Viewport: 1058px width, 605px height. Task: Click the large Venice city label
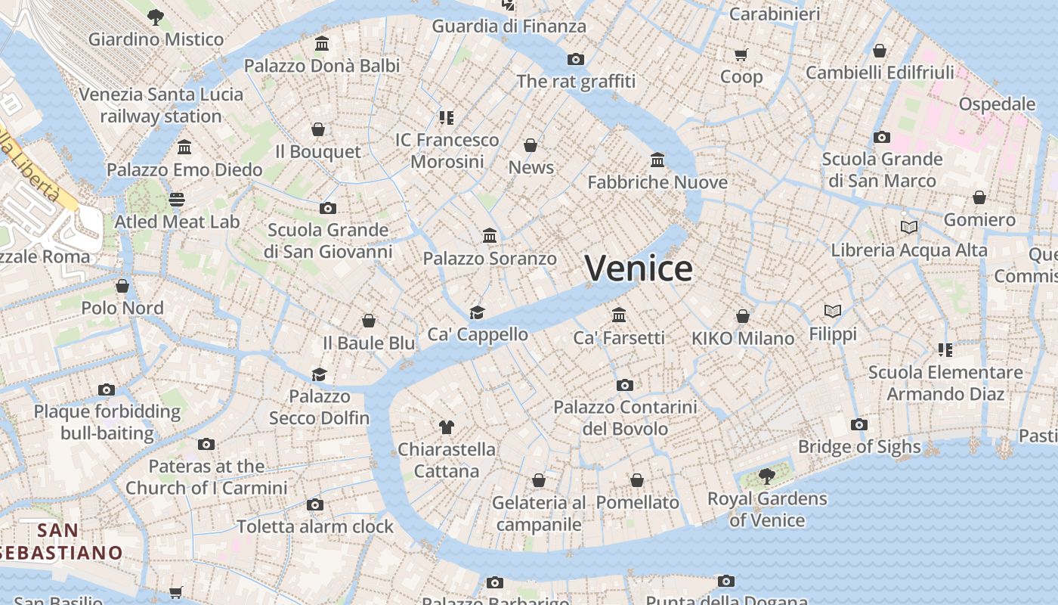pos(639,268)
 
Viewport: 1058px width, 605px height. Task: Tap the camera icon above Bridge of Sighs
pos(858,424)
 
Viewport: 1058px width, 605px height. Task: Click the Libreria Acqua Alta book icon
pos(908,227)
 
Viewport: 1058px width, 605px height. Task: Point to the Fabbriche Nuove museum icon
pos(657,160)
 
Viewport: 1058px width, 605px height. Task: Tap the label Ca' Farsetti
pos(619,338)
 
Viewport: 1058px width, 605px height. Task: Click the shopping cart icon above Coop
pos(741,54)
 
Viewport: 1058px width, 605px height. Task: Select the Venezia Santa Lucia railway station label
pos(161,105)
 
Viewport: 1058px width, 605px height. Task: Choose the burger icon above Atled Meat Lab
pos(177,200)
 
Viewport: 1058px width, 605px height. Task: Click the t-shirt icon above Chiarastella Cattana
pos(446,427)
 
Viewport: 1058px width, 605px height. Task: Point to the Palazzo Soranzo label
pos(490,259)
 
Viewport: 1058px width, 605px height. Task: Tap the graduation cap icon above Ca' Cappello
pos(477,312)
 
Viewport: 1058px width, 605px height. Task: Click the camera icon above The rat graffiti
pos(576,59)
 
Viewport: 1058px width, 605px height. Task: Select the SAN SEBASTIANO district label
pos(60,541)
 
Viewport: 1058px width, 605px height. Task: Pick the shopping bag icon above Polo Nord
pos(122,286)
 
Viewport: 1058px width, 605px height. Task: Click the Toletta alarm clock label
pos(315,526)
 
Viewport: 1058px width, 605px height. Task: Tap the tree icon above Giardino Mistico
pos(156,17)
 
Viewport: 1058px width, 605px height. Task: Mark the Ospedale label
pos(997,104)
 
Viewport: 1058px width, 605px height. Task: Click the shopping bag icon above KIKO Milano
pos(743,316)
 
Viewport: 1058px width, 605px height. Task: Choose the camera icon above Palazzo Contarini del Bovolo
pos(624,385)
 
